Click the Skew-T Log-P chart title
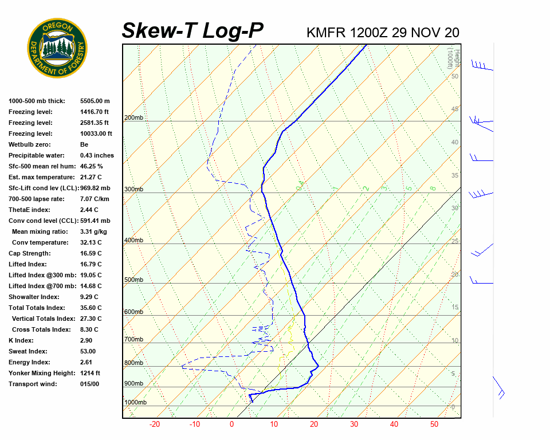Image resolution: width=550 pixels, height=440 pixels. click(192, 31)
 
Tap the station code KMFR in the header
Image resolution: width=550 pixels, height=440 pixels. click(326, 33)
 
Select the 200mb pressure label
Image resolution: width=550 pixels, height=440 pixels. click(133, 118)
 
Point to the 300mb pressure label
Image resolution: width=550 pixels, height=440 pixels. click(133, 190)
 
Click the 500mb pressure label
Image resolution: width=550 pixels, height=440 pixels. click(133, 280)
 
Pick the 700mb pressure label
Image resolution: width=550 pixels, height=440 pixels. click(133, 340)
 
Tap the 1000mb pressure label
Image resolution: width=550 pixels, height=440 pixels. click(135, 403)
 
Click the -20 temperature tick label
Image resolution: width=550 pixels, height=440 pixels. click(155, 425)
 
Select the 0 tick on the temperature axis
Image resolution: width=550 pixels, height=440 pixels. click(231, 425)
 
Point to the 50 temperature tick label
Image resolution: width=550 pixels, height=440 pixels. click(434, 425)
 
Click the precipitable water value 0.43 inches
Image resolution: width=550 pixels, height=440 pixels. click(97, 155)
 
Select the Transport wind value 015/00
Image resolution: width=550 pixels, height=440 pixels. click(89, 384)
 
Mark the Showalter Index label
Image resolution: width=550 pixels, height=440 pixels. click(34, 297)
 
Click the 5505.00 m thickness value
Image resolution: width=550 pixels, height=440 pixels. click(95, 101)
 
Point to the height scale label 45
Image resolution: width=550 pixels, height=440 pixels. click(455, 109)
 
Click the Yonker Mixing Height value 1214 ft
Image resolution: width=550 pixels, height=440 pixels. click(92, 373)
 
